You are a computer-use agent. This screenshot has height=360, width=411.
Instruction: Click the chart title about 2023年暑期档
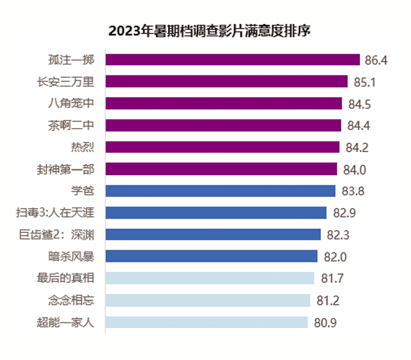[210, 31]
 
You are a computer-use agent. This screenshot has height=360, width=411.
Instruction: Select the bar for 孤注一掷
[233, 60]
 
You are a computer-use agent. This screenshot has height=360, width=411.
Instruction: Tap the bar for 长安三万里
[227, 82]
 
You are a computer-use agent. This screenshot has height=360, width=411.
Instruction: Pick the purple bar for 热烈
[222, 147]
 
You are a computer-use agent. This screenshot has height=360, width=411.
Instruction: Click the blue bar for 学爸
[220, 191]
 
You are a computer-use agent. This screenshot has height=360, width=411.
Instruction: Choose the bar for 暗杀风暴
[211, 256]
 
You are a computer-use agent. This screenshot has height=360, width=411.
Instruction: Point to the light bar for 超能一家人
[206, 322]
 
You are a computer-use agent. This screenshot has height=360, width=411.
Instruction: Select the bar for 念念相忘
[208, 300]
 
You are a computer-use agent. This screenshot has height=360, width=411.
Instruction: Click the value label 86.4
[376, 60]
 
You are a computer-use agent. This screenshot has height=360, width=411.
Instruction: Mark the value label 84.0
[355, 170]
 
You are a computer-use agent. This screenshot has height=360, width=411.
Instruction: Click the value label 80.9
[325, 323]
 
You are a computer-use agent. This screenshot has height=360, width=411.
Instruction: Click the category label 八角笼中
[71, 104]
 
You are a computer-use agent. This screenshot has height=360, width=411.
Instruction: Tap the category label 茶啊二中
[71, 125]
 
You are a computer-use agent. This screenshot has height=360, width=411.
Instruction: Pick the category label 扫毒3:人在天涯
[55, 213]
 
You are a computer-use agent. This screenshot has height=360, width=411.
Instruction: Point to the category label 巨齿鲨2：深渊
[55, 235]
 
